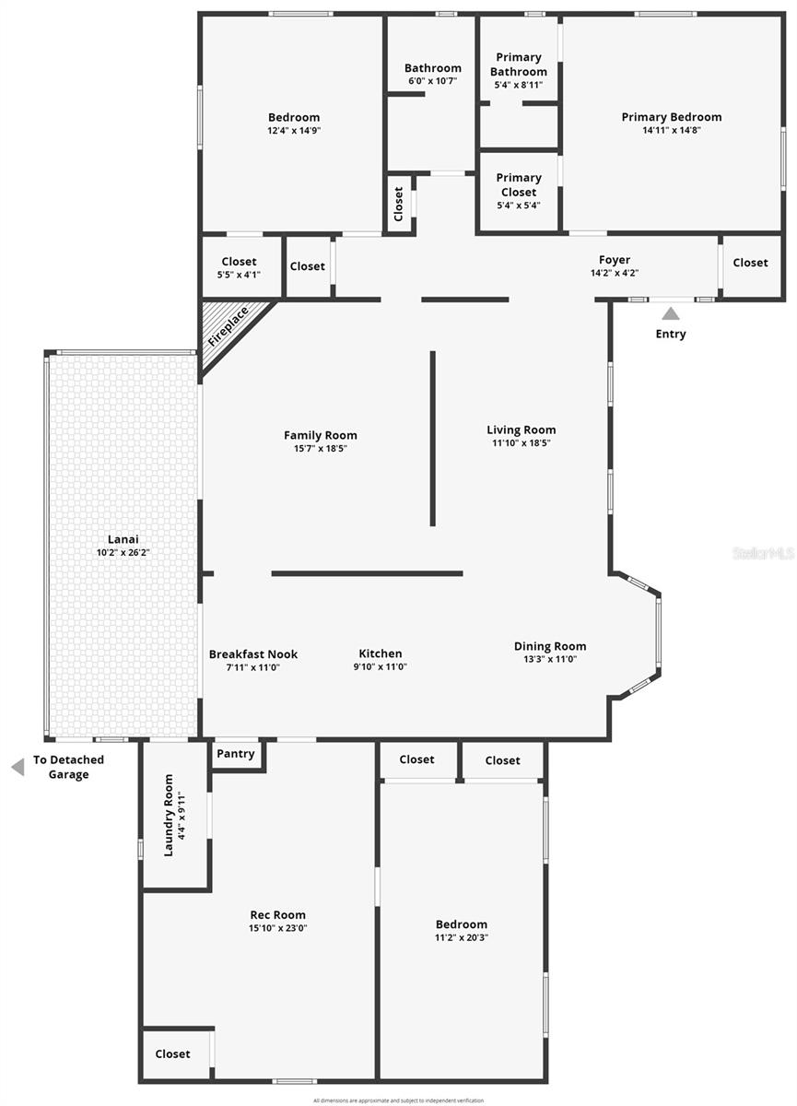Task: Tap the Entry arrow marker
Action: pyautogui.click(x=671, y=314)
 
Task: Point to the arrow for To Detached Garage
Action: pyautogui.click(x=18, y=767)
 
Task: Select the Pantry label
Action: pyautogui.click(x=236, y=754)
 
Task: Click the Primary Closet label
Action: pyautogui.click(x=519, y=184)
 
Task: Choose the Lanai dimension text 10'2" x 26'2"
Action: pyautogui.click(x=123, y=553)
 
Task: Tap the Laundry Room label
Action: pyautogui.click(x=169, y=815)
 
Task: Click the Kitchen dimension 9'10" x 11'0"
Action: pyautogui.click(x=381, y=667)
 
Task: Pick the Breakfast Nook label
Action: pyautogui.click(x=253, y=654)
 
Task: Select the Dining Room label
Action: pyautogui.click(x=550, y=646)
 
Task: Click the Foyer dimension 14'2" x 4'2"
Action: pyautogui.click(x=615, y=273)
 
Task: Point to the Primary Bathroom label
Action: pyautogui.click(x=519, y=65)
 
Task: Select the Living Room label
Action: pyautogui.click(x=522, y=429)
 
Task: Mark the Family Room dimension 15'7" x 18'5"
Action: pyautogui.click(x=321, y=449)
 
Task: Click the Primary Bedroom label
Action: pyautogui.click(x=672, y=117)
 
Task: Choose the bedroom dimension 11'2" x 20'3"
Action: pyautogui.click(x=462, y=937)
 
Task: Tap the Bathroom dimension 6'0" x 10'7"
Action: pyautogui.click(x=433, y=81)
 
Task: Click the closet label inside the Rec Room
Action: pyautogui.click(x=173, y=1053)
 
